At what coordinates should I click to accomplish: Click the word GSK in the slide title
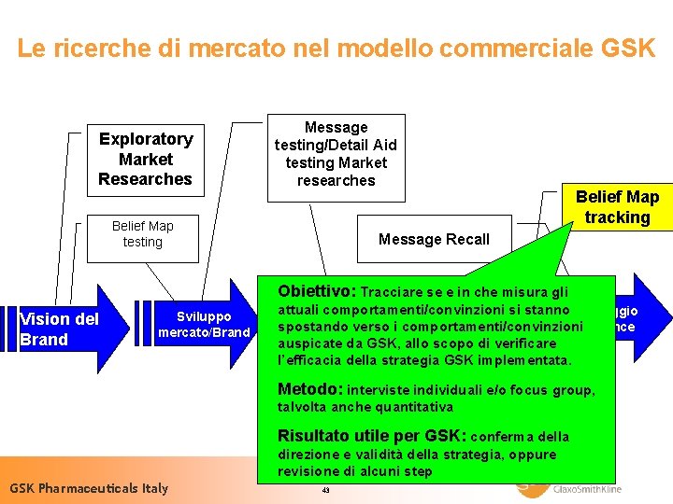[627, 49]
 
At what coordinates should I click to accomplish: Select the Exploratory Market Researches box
[145, 159]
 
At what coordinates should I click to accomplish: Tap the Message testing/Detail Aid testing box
[336, 154]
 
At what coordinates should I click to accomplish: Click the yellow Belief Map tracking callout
[617, 207]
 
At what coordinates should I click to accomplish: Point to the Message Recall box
[434, 240]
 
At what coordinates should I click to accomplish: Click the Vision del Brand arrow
[61, 329]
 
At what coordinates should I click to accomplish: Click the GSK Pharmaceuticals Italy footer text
[89, 488]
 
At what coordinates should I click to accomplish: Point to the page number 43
[325, 490]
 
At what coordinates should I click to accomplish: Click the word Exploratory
[146, 139]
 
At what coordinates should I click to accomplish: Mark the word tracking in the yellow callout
[617, 217]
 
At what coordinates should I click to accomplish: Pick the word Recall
[467, 240]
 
